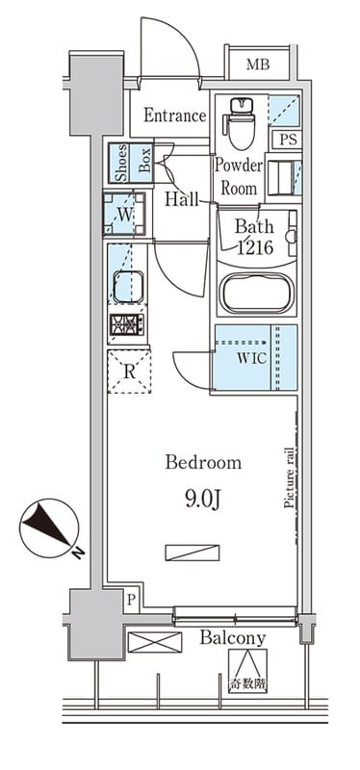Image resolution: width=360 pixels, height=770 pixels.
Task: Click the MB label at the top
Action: pos(258,64)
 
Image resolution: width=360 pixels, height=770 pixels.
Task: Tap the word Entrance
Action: pos(175,115)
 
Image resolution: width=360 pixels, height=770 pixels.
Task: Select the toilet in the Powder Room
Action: pos(240,123)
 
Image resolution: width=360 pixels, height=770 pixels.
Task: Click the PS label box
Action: pos(289,140)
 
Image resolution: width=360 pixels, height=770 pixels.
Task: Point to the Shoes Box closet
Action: pos(131,163)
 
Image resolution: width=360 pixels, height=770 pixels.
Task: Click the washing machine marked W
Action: pos(124,214)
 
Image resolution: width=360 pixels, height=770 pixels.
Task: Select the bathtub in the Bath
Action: pos(256,294)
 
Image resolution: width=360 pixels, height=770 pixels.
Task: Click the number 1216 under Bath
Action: pos(255,248)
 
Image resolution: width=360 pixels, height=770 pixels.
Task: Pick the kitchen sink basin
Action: pos(128,286)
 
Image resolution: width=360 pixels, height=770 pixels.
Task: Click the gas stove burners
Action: pos(127,324)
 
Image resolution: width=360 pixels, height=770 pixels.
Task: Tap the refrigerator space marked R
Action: pos(129,372)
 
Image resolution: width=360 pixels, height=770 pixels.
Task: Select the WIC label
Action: pos(252,358)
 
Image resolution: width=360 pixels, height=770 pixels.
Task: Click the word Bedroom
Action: pos(203,463)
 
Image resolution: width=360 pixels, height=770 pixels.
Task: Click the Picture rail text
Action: pos(290,477)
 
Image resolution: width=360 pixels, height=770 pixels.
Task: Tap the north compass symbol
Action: pos(50,528)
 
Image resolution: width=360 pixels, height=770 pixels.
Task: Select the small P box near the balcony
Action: pos(131,599)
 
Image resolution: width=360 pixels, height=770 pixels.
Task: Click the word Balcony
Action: pos(233,638)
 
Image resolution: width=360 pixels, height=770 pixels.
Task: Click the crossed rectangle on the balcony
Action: pos(155,642)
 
